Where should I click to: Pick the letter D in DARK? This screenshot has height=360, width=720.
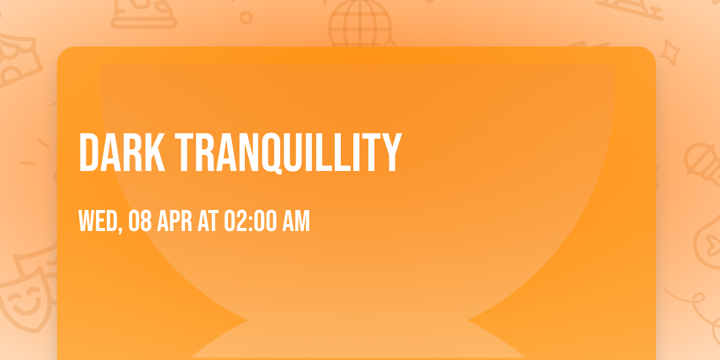coord(89,154)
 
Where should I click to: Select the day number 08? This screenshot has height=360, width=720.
coord(139,221)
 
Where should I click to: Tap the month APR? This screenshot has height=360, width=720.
coord(175,221)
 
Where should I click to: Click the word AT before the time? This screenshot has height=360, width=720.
coord(208,221)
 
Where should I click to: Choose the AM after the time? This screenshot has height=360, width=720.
coord(296,221)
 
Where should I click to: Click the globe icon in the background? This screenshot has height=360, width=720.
coord(358,24)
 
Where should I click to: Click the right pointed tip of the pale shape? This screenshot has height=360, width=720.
coord(469,322)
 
